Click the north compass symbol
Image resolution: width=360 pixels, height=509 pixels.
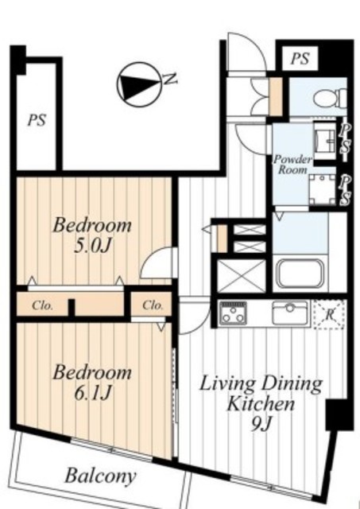pyautogui.click(x=139, y=84)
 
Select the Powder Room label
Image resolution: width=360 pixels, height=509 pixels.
pyautogui.click(x=292, y=165)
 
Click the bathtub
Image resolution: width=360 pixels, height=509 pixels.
pyautogui.click(x=300, y=274)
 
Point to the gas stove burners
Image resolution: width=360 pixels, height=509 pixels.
pyautogui.click(x=233, y=313)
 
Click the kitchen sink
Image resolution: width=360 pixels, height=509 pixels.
pyautogui.click(x=289, y=313)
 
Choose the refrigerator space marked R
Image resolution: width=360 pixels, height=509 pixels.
pyautogui.click(x=329, y=314)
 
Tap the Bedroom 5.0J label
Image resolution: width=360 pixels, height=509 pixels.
pyautogui.click(x=92, y=235)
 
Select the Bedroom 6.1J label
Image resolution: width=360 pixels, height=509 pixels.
pyautogui.click(x=92, y=383)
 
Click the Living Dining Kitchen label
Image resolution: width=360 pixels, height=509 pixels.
pyautogui.click(x=261, y=403)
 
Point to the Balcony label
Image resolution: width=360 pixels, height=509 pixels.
pyautogui.click(x=101, y=476)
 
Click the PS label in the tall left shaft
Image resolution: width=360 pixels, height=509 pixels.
pyautogui.click(x=37, y=120)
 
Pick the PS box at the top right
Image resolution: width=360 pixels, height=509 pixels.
pyautogui.click(x=300, y=59)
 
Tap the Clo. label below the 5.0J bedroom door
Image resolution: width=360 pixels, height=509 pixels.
pyautogui.click(x=153, y=305)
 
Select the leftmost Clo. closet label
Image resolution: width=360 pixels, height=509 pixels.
pyautogui.click(x=42, y=305)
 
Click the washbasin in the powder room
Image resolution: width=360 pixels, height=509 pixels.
pyautogui.click(x=325, y=140)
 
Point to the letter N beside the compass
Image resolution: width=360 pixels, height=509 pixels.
pyautogui.click(x=170, y=79)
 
